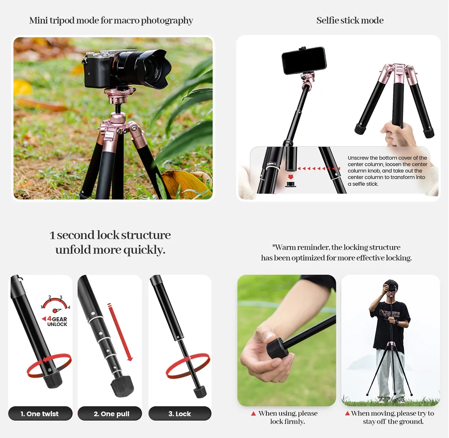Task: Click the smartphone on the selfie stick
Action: pos(304,60)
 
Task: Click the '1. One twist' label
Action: pos(40,414)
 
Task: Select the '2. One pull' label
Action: pos(111,414)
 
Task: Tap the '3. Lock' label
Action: pos(180,414)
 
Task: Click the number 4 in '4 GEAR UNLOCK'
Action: pos(49,319)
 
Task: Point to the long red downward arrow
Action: pos(120,332)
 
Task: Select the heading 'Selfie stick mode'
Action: pos(350,20)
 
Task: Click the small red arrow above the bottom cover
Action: pos(291,177)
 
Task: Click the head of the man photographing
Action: pos(390,287)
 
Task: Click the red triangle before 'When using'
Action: pos(253,414)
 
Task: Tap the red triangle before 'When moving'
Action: pos(347,413)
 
